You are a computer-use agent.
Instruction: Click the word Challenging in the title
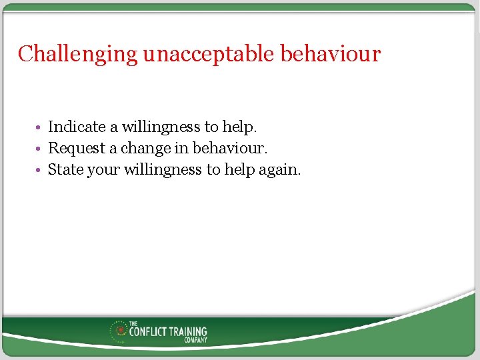point(77,54)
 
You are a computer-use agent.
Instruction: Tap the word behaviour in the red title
point(330,54)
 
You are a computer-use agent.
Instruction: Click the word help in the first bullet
point(241,127)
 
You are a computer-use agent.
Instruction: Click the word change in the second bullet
point(146,149)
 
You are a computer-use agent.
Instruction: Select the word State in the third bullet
point(65,170)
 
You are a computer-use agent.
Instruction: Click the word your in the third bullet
point(103,171)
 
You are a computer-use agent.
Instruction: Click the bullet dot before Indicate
point(41,127)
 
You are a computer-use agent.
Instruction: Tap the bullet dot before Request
point(41,149)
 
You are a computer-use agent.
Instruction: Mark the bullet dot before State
point(41,170)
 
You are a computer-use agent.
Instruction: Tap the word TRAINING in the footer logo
point(189,331)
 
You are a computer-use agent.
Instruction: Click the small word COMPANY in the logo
point(196,340)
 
